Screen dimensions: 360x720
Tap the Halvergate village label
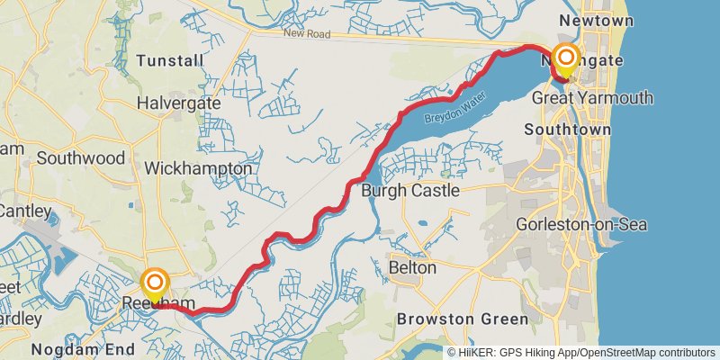[x=178, y=103]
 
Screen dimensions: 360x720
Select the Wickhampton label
[x=198, y=168]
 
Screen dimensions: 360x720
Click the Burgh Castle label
[x=409, y=191]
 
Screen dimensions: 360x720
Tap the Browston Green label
[x=463, y=319]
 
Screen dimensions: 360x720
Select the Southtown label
[x=568, y=130]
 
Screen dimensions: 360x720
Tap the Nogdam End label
[x=83, y=349]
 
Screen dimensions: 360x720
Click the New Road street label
[x=308, y=34]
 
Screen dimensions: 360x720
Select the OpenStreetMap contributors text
[x=647, y=352]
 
